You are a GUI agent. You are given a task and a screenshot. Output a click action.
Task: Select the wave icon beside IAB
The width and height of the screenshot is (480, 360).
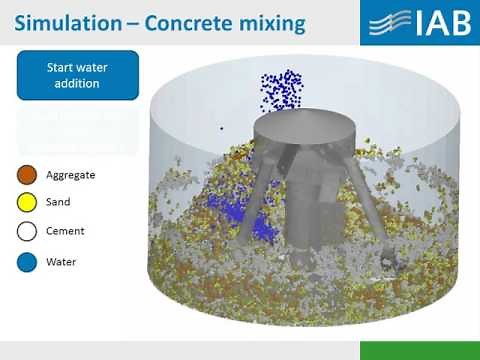(x=386, y=22)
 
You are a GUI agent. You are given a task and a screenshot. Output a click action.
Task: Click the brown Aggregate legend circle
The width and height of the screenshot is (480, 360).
(x=27, y=175)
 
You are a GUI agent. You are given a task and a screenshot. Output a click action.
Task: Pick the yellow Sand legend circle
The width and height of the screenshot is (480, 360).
(x=27, y=203)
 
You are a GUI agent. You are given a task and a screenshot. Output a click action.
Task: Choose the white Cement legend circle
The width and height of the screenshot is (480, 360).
(x=27, y=232)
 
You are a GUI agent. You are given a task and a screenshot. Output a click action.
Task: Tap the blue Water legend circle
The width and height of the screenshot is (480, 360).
(x=27, y=263)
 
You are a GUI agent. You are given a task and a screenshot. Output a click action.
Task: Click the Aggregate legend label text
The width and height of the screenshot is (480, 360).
(x=70, y=175)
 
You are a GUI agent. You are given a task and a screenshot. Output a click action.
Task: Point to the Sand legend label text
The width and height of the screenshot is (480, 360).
(x=58, y=203)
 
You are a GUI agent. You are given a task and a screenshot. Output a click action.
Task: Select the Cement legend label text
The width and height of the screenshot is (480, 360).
(x=65, y=232)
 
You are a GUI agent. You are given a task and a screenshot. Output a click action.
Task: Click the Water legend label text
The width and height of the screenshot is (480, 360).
(x=60, y=263)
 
